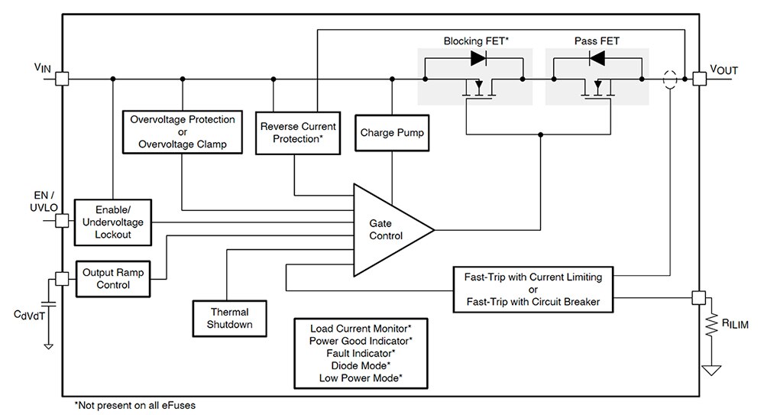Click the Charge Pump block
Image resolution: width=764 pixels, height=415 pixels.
[x=392, y=133]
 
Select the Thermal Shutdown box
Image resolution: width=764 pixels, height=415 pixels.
[x=229, y=319]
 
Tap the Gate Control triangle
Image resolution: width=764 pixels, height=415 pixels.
[x=385, y=230]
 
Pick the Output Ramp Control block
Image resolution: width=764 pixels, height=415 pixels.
[x=113, y=279]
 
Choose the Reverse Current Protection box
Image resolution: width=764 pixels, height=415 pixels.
[x=298, y=133]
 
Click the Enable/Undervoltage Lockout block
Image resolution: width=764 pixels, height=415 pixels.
[x=112, y=222]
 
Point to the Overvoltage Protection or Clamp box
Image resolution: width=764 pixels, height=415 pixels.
[x=183, y=131]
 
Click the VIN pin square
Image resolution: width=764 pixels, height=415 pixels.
[x=62, y=79]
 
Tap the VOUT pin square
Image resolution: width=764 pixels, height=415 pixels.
[x=699, y=79]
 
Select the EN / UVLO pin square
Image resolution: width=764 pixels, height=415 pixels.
[x=62, y=221]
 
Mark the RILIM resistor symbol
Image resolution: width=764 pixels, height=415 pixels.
[x=711, y=324]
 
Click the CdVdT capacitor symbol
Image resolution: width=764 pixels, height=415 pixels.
[x=48, y=305]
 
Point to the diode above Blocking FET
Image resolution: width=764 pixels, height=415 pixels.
[x=478, y=59]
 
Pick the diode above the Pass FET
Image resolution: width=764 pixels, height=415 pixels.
[x=597, y=59]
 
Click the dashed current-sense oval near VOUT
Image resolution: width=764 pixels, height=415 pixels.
[x=671, y=79]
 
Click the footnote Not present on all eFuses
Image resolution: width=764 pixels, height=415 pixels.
[x=134, y=405]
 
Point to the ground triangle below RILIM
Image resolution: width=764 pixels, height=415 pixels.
[x=711, y=370]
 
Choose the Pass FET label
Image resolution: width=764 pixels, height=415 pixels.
[x=597, y=41]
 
